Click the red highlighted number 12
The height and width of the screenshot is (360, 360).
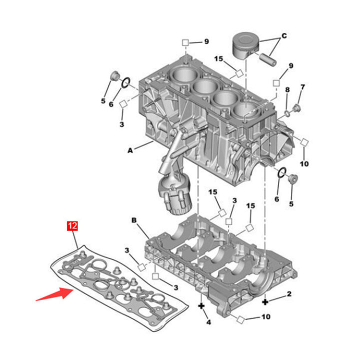pyautogui.click(x=72, y=225)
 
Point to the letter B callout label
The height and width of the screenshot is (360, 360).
pyautogui.click(x=133, y=219)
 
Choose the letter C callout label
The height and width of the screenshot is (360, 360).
pyautogui.click(x=284, y=36)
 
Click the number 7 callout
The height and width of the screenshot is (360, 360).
pyautogui.click(x=302, y=87)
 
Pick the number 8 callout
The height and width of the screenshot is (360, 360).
pyautogui.click(x=287, y=89)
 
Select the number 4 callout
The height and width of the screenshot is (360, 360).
pyautogui.click(x=208, y=322)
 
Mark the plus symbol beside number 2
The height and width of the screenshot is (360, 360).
pyautogui.click(x=265, y=301)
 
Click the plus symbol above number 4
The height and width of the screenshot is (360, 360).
pyautogui.click(x=201, y=305)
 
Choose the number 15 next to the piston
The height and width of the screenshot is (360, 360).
pyautogui.click(x=218, y=59)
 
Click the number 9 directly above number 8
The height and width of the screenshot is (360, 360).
pyautogui.click(x=291, y=66)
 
